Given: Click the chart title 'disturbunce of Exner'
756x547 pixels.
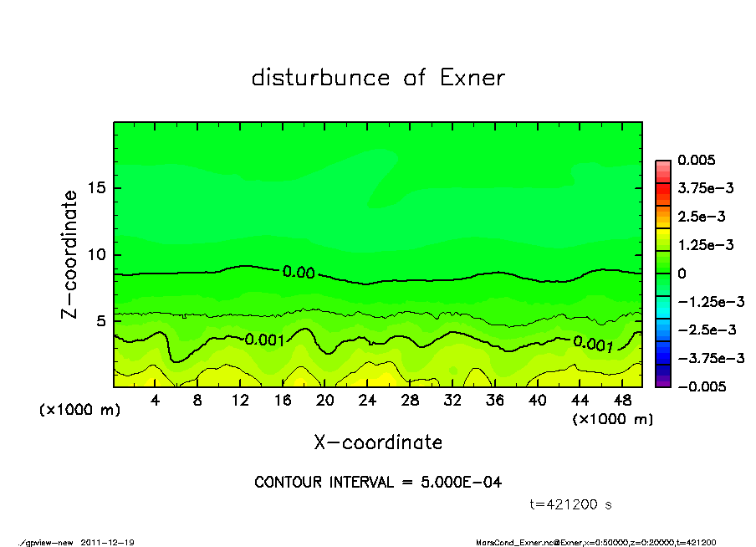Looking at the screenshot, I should (x=378, y=79).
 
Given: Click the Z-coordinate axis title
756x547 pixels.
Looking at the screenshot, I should (x=69, y=254).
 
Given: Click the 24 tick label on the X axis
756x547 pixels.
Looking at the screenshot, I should (x=367, y=401).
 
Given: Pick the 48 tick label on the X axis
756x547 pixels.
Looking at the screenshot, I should (x=621, y=401).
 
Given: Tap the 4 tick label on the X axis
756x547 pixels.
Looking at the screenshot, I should (x=156, y=401).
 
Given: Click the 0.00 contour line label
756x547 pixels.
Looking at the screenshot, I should (x=299, y=273).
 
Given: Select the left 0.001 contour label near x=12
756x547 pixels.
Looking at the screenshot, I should (x=265, y=340).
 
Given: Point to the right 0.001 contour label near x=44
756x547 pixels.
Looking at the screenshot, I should (x=593, y=342).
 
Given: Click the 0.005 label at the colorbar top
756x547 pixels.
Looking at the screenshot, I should (x=697, y=160).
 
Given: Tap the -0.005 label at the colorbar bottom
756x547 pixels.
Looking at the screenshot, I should (x=702, y=386).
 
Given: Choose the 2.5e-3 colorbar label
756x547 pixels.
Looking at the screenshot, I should (x=702, y=217).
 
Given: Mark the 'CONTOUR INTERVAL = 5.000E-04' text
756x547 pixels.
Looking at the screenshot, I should (x=378, y=483).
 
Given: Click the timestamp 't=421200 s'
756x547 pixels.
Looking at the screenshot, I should (x=572, y=504).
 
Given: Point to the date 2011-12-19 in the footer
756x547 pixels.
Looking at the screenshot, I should (x=108, y=542).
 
